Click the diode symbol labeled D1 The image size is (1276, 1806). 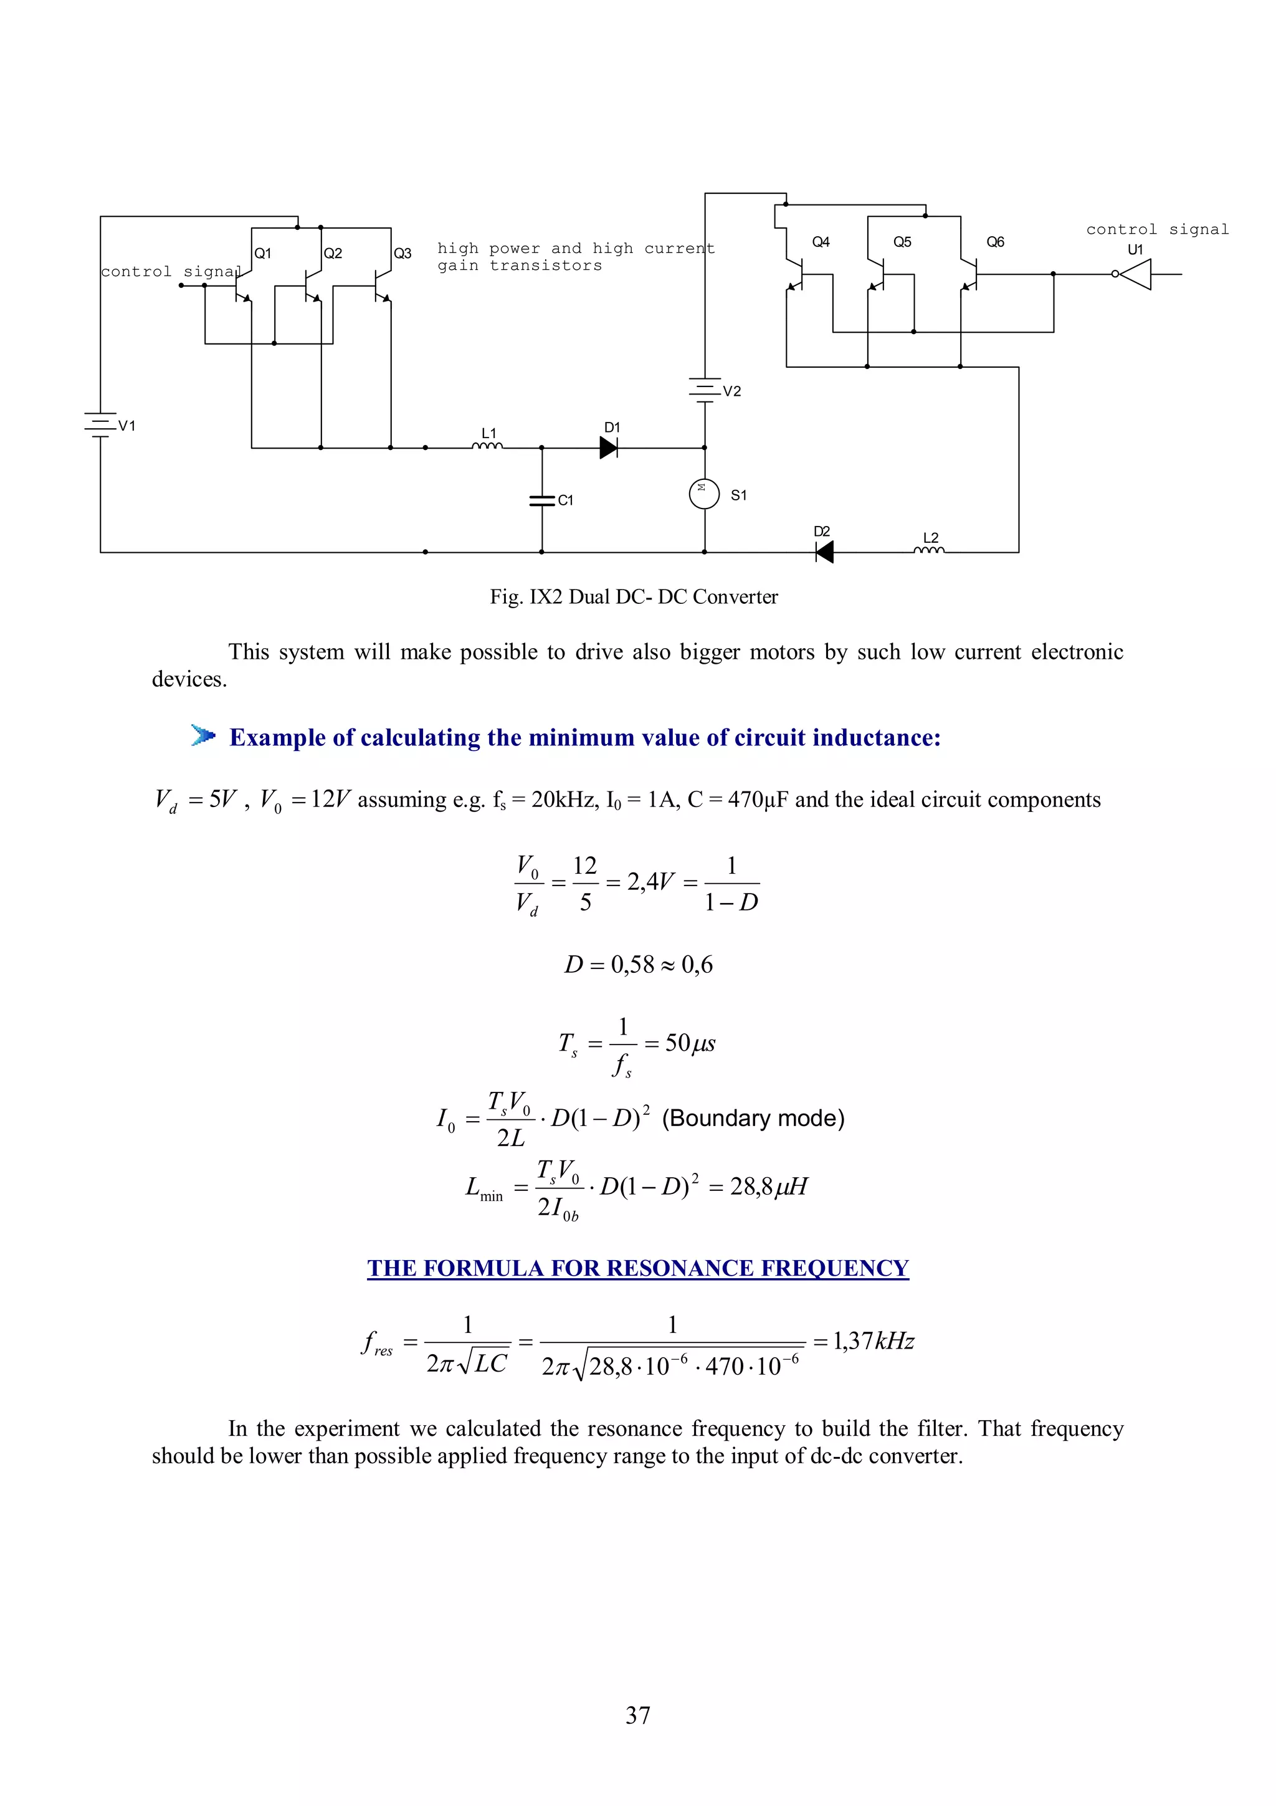(609, 447)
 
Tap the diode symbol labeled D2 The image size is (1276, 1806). (824, 552)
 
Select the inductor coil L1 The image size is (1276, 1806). (487, 446)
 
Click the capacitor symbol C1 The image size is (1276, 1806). (541, 500)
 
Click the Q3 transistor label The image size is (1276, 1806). (402, 253)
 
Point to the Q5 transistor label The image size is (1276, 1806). (903, 242)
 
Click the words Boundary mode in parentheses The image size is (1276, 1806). (753, 1118)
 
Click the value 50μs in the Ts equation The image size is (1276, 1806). (690, 1043)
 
